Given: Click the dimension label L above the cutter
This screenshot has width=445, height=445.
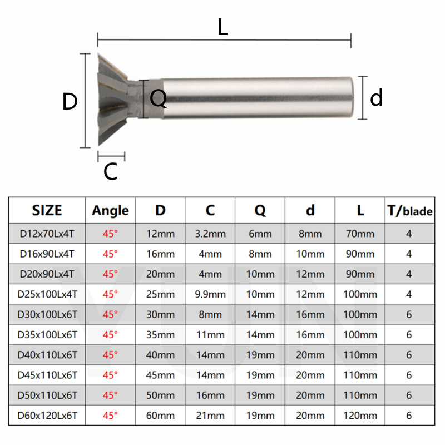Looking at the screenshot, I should pyautogui.click(x=222, y=27).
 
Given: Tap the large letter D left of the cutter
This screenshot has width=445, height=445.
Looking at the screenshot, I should pyautogui.click(x=70, y=102).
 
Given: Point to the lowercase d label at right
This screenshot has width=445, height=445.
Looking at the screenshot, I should pyautogui.click(x=377, y=98).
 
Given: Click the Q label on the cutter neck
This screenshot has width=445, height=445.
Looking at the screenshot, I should pyautogui.click(x=159, y=99).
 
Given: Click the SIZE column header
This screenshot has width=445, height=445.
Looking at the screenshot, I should pyautogui.click(x=47, y=210).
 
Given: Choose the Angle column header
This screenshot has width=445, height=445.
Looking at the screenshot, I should pyautogui.click(x=110, y=210).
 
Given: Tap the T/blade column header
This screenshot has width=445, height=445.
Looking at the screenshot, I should pyautogui.click(x=409, y=210).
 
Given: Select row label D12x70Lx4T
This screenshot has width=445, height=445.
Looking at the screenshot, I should pyautogui.click(x=47, y=234).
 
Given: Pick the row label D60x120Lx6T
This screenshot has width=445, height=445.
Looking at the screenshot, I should pyautogui.click(x=47, y=416).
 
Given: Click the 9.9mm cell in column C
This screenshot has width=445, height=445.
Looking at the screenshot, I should pyautogui.click(x=210, y=294).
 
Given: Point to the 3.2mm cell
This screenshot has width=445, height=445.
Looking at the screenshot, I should pyautogui.click(x=210, y=234).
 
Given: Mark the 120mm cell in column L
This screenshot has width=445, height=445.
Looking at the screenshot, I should pyautogui.click(x=360, y=416).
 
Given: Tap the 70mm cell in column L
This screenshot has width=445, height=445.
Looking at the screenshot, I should pyautogui.click(x=360, y=234).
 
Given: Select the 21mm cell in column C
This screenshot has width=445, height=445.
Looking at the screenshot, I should pyautogui.click(x=210, y=416).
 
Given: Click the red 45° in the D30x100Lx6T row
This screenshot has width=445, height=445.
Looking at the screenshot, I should pyautogui.click(x=110, y=314).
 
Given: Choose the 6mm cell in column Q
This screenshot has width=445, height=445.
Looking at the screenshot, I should pyautogui.click(x=260, y=234).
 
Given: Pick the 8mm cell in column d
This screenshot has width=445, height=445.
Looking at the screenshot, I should pyautogui.click(x=310, y=234).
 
